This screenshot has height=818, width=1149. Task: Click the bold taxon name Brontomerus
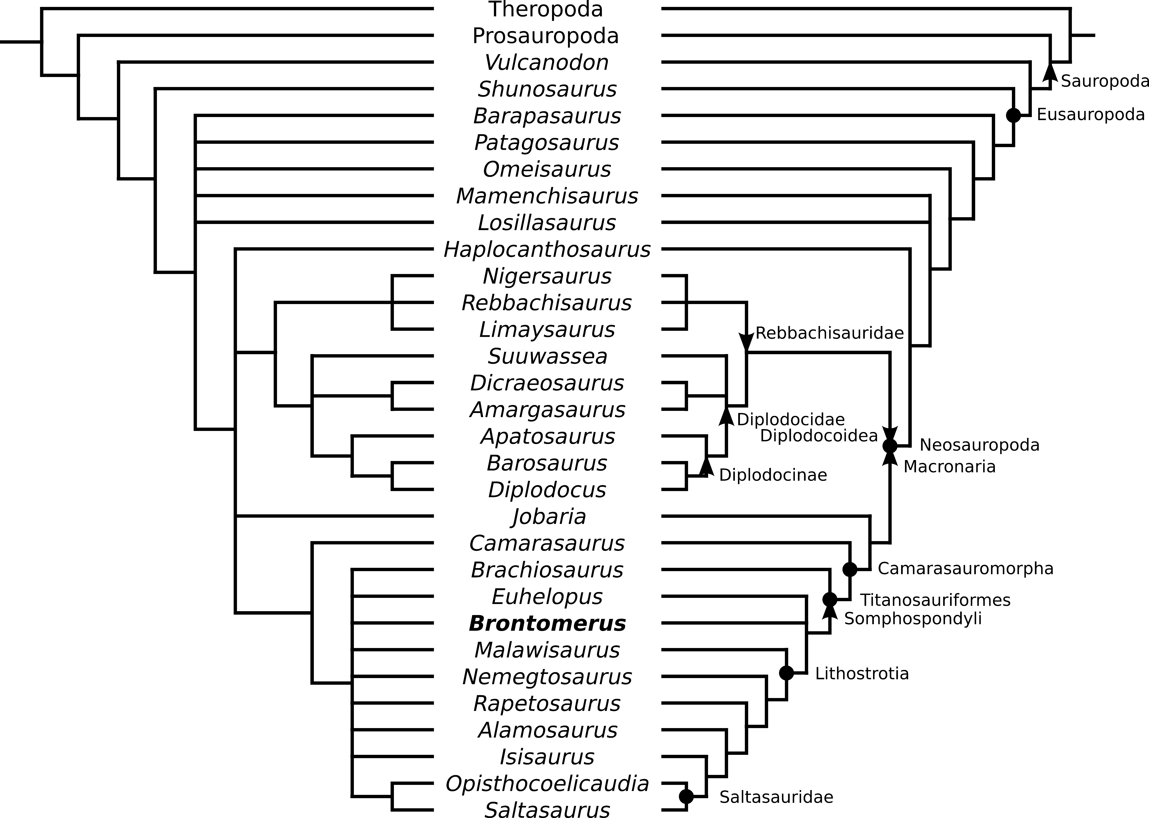547,624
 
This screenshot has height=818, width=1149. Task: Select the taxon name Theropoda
546,10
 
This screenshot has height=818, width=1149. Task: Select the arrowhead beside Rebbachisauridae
746,342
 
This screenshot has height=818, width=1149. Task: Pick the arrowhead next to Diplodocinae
706,466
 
